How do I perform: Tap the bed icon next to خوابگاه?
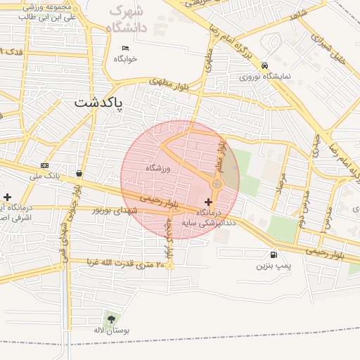click(x=125, y=48)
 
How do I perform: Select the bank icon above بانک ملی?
click(x=44, y=166)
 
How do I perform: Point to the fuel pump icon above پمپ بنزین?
click(x=273, y=255)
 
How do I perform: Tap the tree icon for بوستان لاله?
click(x=109, y=319)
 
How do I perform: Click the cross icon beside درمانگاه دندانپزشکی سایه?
click(x=207, y=202)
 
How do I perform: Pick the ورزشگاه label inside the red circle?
click(x=159, y=169)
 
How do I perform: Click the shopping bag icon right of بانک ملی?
click(x=78, y=173)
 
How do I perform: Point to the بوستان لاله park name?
click(x=109, y=330)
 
